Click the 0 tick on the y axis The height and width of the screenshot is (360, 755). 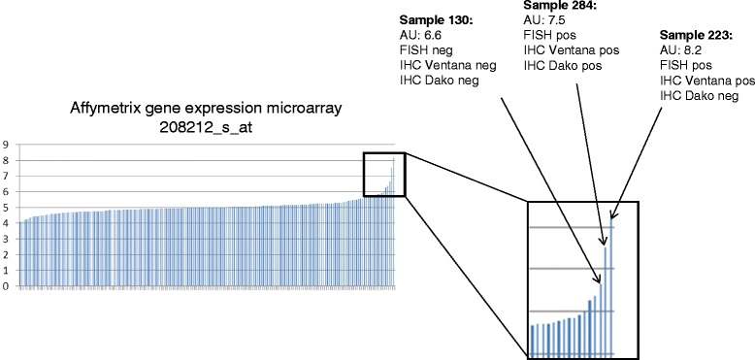coord(7,286)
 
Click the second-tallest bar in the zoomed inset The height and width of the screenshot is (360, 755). coord(605,301)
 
